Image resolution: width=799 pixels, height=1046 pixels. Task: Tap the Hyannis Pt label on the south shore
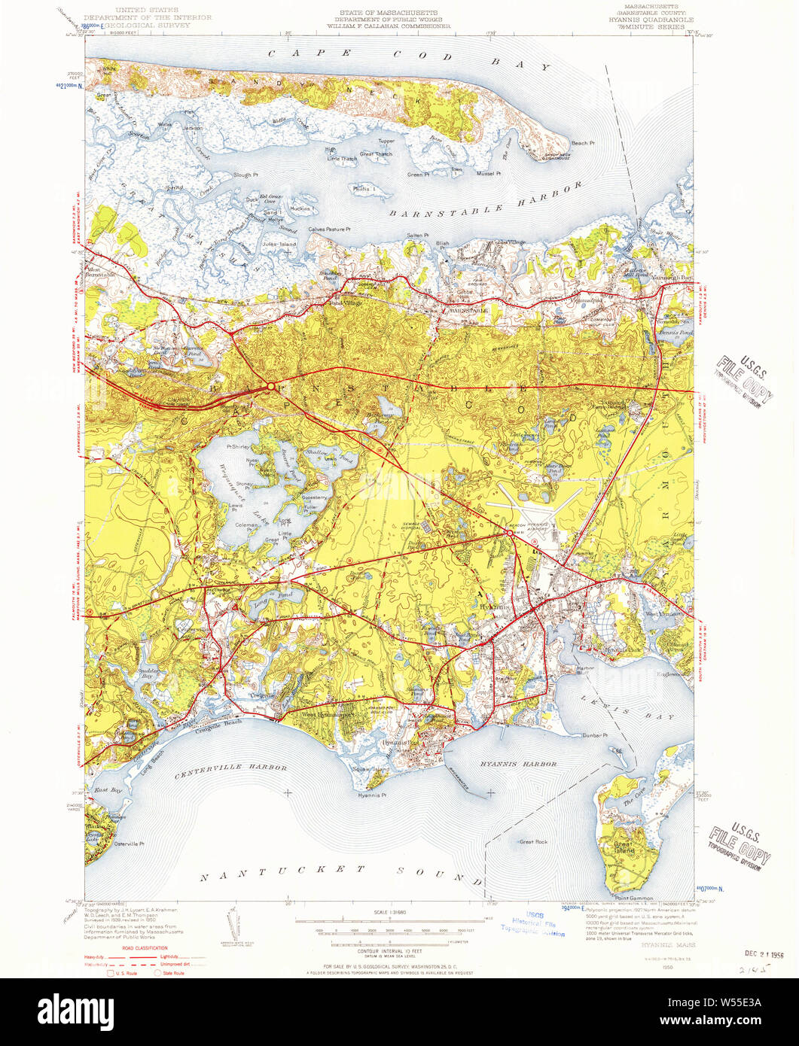click(372, 795)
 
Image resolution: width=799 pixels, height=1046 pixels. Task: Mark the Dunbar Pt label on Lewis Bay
click(594, 735)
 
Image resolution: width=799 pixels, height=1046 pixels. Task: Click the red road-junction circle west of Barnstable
click(270, 387)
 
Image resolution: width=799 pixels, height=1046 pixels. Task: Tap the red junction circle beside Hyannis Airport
click(510, 533)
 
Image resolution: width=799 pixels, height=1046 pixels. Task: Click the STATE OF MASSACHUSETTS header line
click(389, 14)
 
